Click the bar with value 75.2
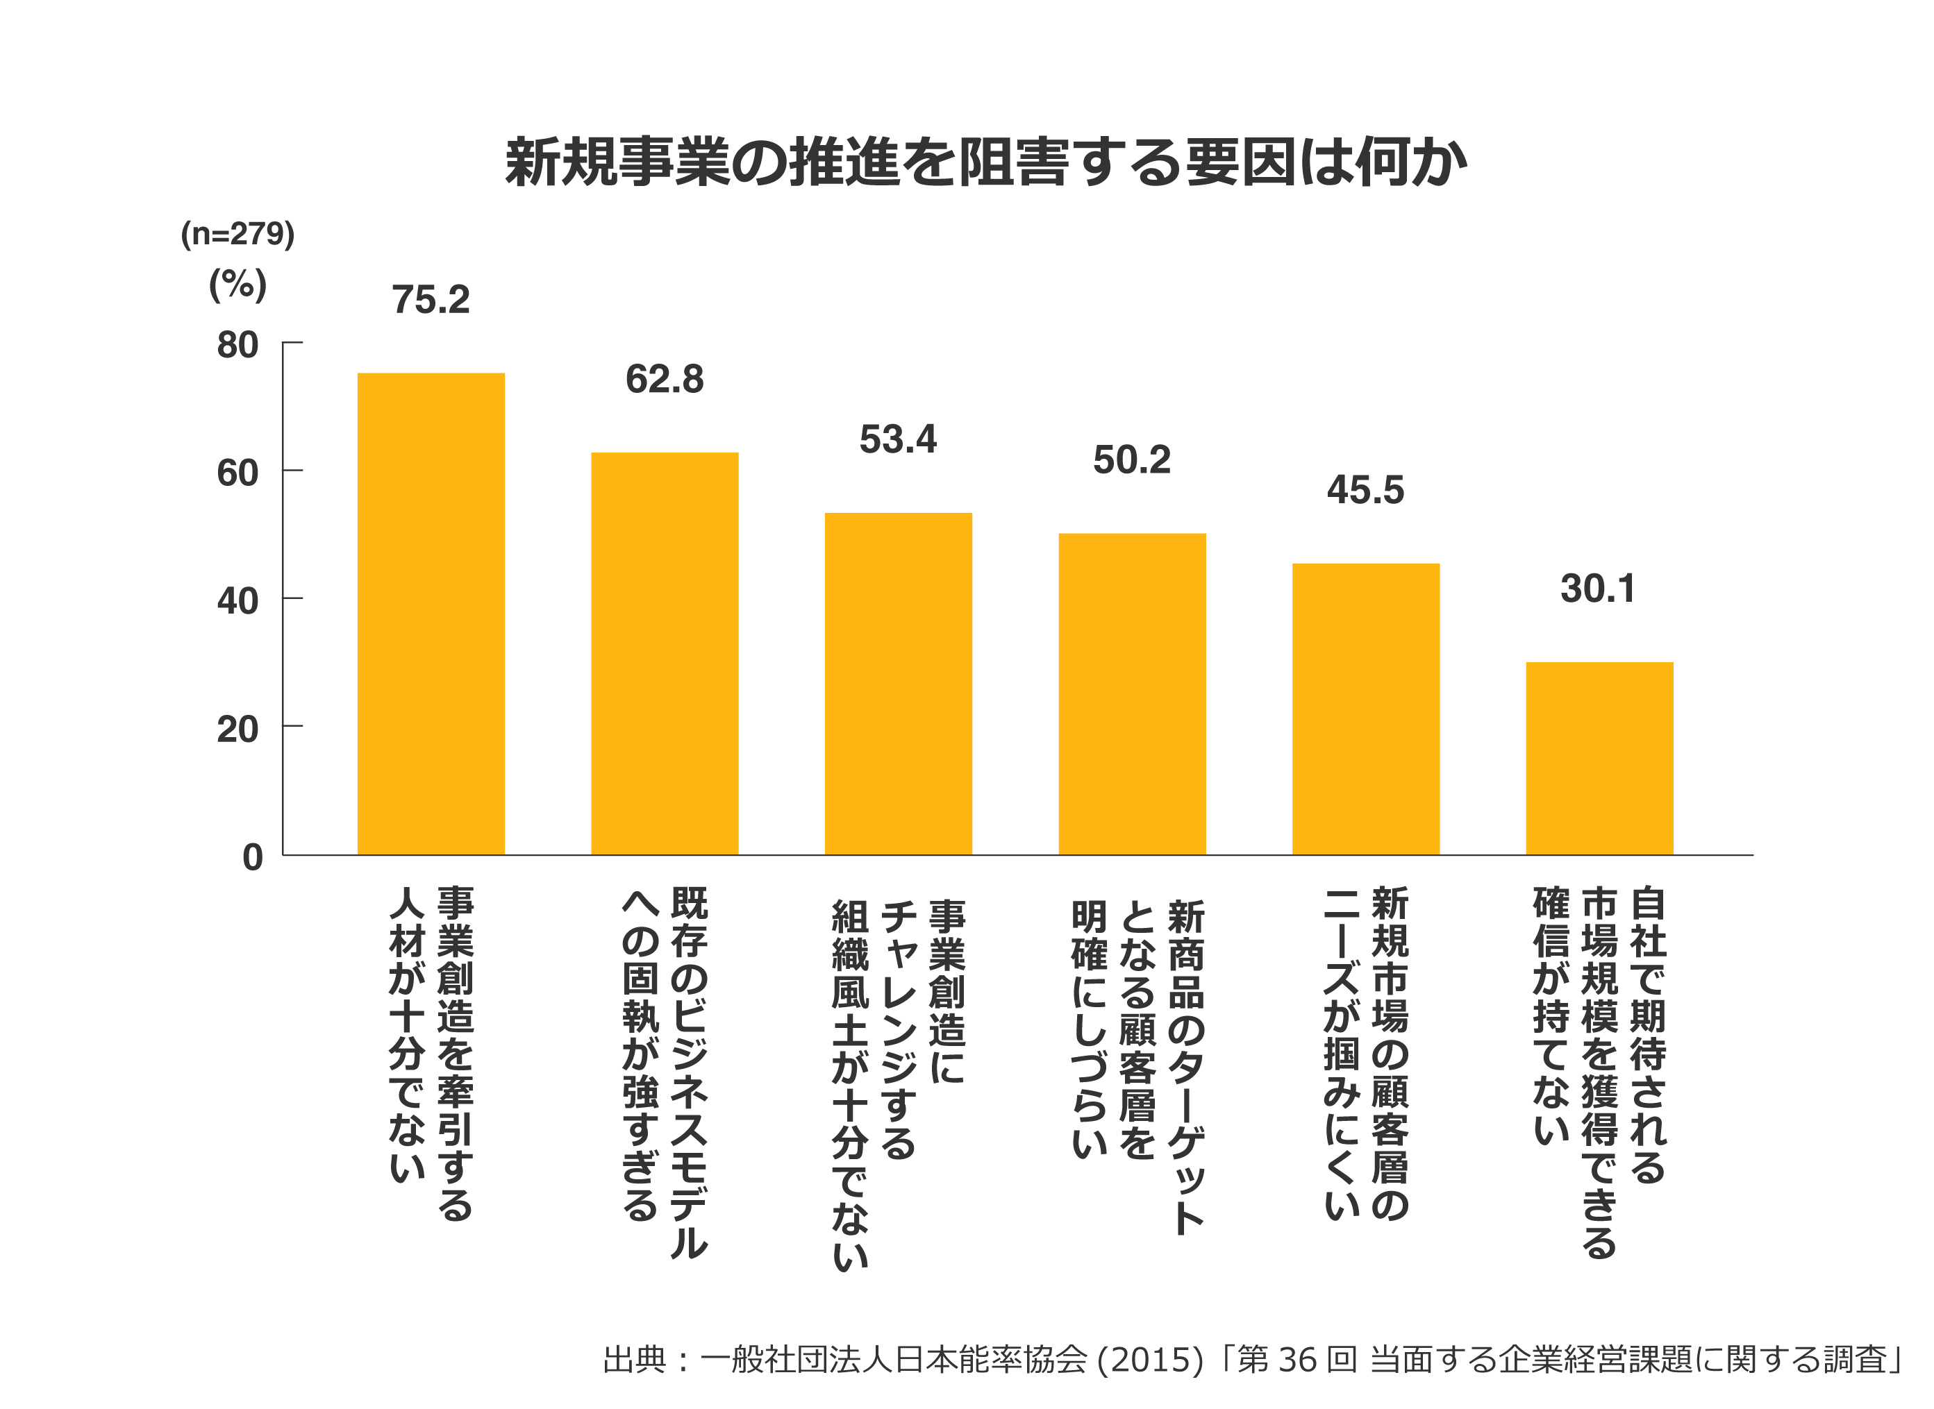431,614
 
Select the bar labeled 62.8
665,653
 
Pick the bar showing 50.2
1132,693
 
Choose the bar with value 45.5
1366,709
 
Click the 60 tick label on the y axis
237,473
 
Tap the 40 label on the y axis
237,600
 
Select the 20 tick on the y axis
237,729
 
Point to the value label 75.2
431,299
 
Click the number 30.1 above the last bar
1598,589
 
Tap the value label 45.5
1365,489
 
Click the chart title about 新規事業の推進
985,162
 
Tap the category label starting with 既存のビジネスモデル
665,1070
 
